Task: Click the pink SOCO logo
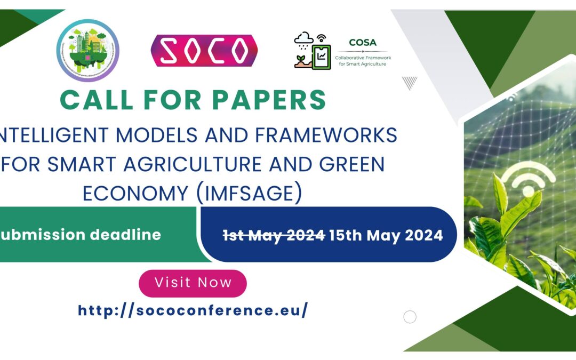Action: tap(204, 51)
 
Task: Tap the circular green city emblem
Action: tap(88, 51)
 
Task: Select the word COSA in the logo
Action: tap(363, 42)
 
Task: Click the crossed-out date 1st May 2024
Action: tap(274, 235)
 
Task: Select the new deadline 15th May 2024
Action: tap(386, 235)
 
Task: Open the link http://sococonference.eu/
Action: tap(193, 310)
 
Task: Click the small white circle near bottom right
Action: tap(410, 317)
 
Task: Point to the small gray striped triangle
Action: tap(410, 83)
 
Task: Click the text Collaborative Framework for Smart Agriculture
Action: tap(363, 60)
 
